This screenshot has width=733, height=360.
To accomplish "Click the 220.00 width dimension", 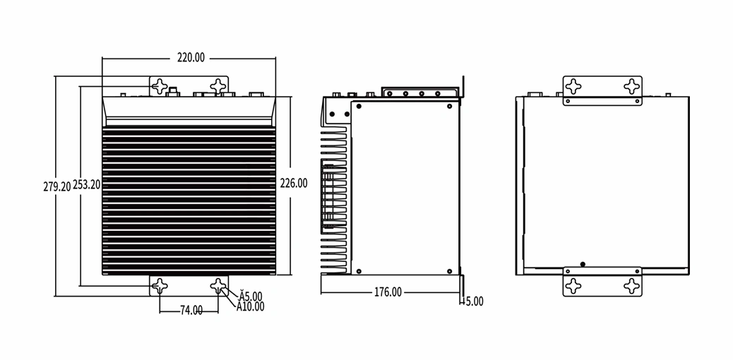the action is (191, 58).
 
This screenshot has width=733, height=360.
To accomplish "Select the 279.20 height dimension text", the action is (57, 186).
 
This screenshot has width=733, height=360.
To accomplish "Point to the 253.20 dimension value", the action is (86, 185).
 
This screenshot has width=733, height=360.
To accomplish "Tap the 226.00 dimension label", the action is (294, 184).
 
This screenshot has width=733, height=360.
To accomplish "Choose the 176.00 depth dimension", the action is (388, 292).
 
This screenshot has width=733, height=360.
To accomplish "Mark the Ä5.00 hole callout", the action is (250, 296).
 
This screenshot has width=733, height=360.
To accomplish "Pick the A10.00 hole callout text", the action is (250, 306).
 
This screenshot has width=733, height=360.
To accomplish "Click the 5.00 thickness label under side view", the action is (473, 301).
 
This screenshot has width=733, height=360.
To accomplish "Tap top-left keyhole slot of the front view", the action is (160, 86).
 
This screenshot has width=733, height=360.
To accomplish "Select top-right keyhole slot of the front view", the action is (217, 86).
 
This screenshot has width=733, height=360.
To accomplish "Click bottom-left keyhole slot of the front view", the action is (160, 286).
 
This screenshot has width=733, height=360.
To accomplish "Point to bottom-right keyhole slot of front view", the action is (217, 286).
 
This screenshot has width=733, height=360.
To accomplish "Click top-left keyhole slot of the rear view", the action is (573, 86).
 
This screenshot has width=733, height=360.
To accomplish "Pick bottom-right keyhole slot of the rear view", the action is (631, 286).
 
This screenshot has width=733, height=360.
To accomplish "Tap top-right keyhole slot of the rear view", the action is (631, 86).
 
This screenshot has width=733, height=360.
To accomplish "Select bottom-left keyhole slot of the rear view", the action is (573, 286).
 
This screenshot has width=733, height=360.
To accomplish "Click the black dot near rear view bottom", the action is (583, 264).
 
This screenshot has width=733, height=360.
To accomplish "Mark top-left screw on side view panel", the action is (359, 106).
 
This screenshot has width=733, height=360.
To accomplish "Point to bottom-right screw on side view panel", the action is (449, 271).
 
